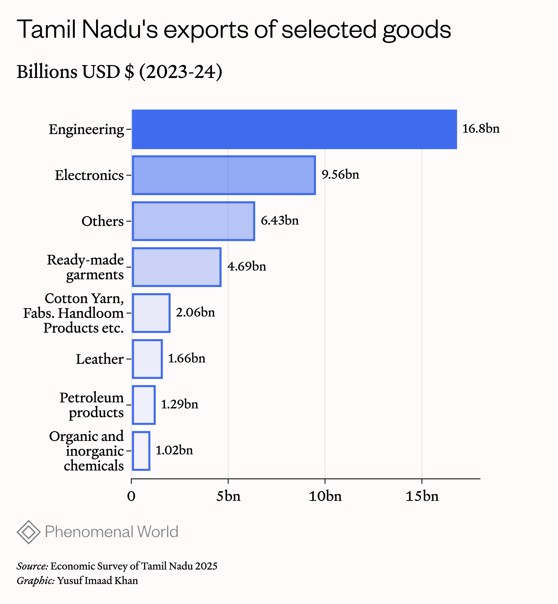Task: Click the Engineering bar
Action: pos(294,129)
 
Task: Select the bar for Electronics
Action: pos(224,175)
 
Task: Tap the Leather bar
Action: pos(147,359)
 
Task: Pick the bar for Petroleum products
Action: pos(144,405)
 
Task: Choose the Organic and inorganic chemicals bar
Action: pos(141,451)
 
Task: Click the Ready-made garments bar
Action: pos(177,267)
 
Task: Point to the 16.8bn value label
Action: pos(481,129)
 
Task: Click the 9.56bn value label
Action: pos(340,175)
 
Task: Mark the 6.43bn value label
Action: pos(280,220)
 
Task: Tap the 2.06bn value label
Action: pos(195,312)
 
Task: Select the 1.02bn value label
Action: pos(174,450)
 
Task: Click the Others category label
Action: pos(103,221)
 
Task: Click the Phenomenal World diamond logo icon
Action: pos(29,532)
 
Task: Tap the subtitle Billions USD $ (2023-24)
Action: pos(120,72)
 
